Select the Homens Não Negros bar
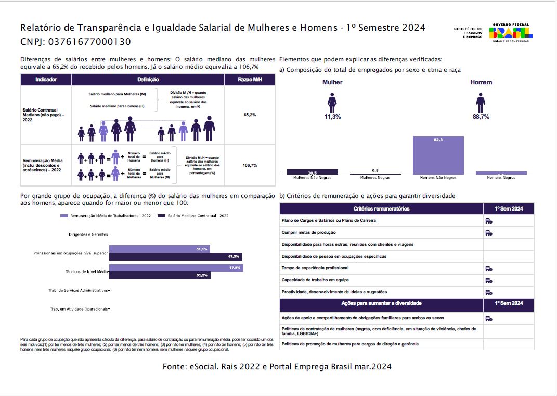[x=438, y=155]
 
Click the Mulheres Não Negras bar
[x=313, y=171]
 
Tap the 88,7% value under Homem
[x=481, y=117]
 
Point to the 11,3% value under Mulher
[x=332, y=117]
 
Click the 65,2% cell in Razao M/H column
[x=250, y=115]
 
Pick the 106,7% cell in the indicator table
[x=250, y=165]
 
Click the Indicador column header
[x=46, y=80]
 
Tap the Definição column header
[x=148, y=80]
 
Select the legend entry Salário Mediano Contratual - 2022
[x=193, y=215]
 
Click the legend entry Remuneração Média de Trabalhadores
[x=106, y=215]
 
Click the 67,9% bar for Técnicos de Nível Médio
[x=176, y=268]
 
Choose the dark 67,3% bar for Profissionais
[x=175, y=256]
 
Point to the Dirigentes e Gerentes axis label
[x=88, y=234]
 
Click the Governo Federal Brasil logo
[x=510, y=32]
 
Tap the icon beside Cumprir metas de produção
[x=489, y=232]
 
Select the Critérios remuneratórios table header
[x=381, y=209]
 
